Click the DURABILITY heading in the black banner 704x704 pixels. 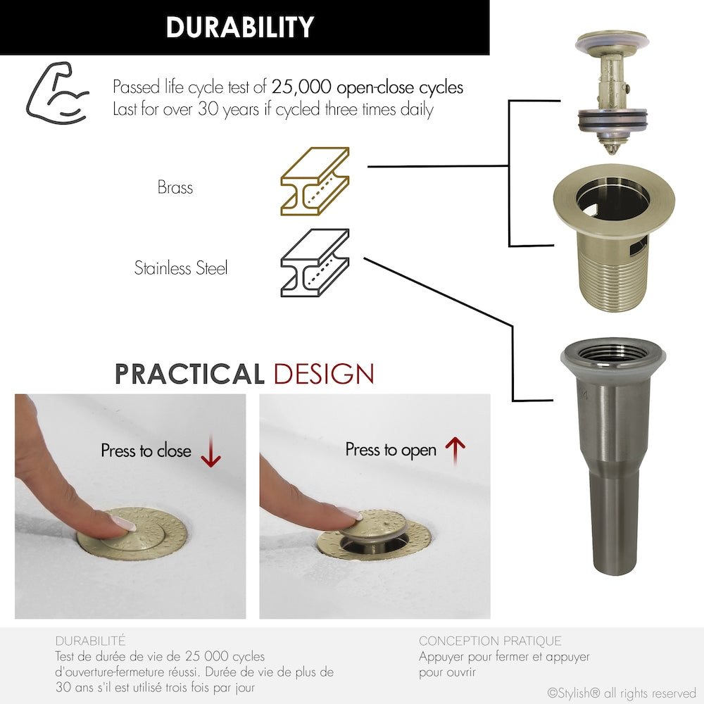[x=239, y=27]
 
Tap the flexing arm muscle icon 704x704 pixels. [x=57, y=93]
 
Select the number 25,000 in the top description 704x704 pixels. [x=301, y=87]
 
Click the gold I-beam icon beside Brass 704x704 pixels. [x=315, y=181]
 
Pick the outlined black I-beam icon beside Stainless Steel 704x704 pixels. [x=315, y=263]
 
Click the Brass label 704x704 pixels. [x=175, y=188]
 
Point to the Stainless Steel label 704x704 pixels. [x=181, y=268]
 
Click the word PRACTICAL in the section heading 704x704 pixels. [x=189, y=375]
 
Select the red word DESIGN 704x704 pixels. [x=323, y=375]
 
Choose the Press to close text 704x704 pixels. [x=146, y=451]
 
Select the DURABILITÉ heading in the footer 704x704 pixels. [x=90, y=641]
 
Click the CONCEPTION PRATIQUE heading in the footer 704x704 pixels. [x=490, y=641]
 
